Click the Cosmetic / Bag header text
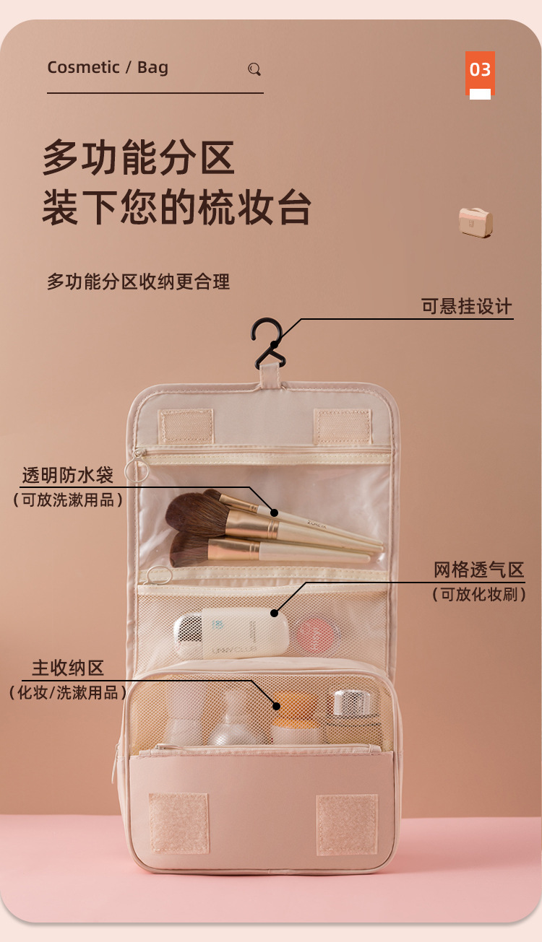click(108, 68)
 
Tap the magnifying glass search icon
click(254, 69)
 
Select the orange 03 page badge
click(480, 71)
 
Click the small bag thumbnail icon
click(476, 221)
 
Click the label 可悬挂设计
click(466, 306)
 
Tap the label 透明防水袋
click(67, 476)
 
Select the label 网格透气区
click(478, 570)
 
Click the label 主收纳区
click(68, 668)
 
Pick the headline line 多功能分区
click(139, 157)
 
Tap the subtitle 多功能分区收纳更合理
click(139, 282)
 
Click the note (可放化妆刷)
click(478, 595)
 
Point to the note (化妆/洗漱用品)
click(68, 693)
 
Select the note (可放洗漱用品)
click(68, 500)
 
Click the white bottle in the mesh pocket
click(231, 632)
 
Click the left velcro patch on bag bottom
click(178, 822)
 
